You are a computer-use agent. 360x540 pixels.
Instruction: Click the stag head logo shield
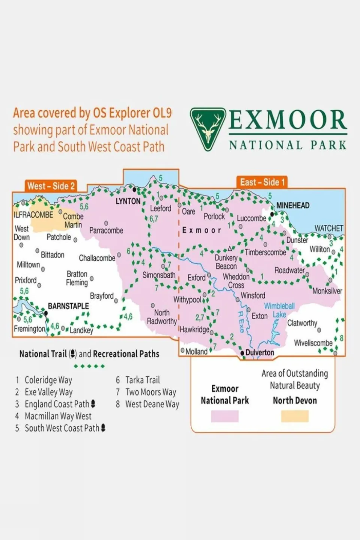pyautogui.click(x=208, y=129)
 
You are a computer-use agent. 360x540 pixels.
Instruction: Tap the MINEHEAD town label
pyautogui.click(x=293, y=205)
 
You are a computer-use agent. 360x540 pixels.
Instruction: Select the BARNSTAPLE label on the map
pyautogui.click(x=68, y=306)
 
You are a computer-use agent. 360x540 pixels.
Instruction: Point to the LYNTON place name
pyautogui.click(x=128, y=202)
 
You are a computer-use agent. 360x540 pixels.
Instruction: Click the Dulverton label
pyautogui.click(x=260, y=353)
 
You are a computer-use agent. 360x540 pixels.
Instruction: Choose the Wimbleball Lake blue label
pyautogui.click(x=279, y=310)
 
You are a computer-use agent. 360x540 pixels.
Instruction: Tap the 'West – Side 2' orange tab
pyautogui.click(x=51, y=186)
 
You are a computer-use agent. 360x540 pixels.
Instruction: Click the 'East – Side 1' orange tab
pyautogui.click(x=262, y=182)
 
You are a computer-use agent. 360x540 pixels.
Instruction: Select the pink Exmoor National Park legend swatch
pyautogui.click(x=224, y=416)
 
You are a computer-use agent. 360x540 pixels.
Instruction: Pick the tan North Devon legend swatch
pyautogui.click(x=295, y=416)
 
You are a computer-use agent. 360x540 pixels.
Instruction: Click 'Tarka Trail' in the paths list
pyautogui.click(x=142, y=380)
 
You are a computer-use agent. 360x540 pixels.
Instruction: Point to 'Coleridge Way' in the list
pyautogui.click(x=48, y=380)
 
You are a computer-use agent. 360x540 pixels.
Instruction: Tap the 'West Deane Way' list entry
pyautogui.click(x=152, y=404)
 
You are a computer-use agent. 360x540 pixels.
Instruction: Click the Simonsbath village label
pyautogui.click(x=159, y=275)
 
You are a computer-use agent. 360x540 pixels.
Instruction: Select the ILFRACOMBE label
pyautogui.click(x=33, y=215)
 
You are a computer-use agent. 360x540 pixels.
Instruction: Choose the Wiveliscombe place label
pyautogui.click(x=313, y=343)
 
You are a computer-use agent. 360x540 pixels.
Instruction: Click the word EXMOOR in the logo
pyautogui.click(x=288, y=120)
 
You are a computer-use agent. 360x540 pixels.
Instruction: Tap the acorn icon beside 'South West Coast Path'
pyautogui.click(x=103, y=428)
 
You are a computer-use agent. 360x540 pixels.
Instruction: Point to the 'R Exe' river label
pyautogui.click(x=241, y=322)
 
